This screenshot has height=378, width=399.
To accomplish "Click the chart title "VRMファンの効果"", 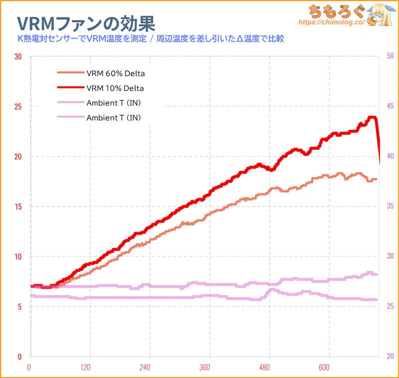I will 85,22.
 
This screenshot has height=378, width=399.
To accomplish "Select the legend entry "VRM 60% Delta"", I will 115,73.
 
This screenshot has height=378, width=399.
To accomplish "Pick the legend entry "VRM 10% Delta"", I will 115,88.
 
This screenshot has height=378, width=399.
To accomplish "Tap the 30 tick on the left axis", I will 18,56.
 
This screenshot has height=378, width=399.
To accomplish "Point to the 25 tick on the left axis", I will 18,106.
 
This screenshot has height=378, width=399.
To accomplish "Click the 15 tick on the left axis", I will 18,206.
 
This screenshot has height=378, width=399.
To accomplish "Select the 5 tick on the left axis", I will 20,306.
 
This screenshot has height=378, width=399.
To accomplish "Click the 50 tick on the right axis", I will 390,56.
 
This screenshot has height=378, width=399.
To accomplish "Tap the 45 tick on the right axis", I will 390,106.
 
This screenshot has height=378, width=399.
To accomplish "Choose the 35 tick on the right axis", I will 390,206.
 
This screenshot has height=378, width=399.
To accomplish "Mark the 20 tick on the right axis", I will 390,356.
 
